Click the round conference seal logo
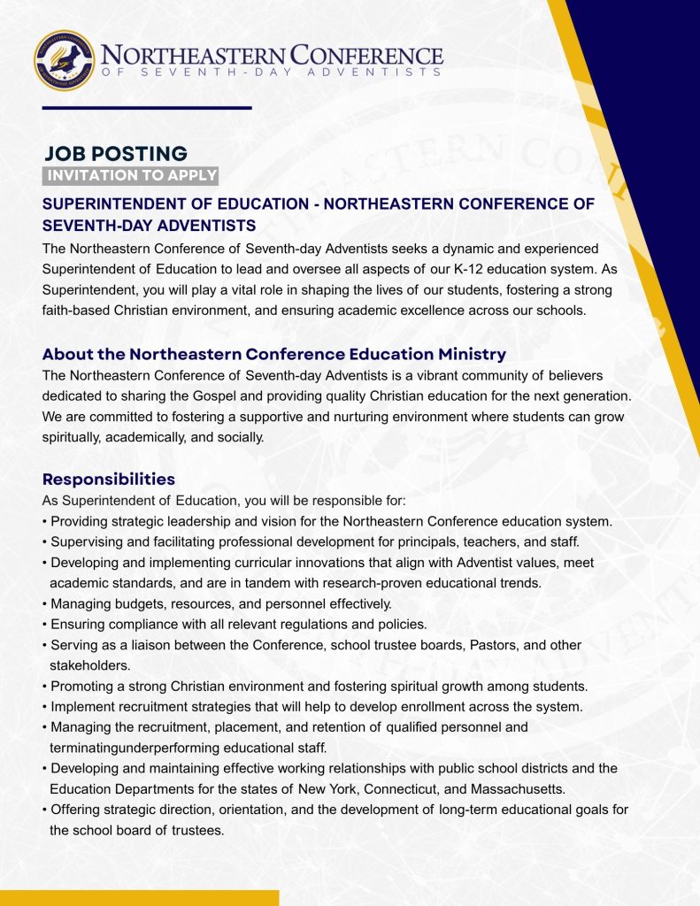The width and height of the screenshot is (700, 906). click(64, 60)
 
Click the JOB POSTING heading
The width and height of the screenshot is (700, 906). click(115, 154)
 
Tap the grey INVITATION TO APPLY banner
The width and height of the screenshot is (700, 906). click(131, 175)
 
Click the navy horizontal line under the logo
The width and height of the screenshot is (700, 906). click(147, 108)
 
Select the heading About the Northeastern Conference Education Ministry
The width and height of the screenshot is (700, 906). click(274, 354)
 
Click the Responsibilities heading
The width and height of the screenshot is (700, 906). click(109, 480)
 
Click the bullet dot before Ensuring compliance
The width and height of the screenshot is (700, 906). click(45, 625)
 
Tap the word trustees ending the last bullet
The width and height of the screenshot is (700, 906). click(200, 830)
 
